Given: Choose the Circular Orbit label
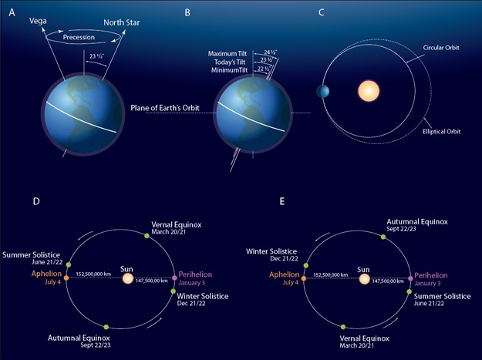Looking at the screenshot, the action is click(x=449, y=48).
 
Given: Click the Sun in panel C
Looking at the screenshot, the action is click(x=369, y=92).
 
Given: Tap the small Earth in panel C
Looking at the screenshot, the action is click(x=321, y=93).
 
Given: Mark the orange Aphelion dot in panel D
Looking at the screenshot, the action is click(x=67, y=278).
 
